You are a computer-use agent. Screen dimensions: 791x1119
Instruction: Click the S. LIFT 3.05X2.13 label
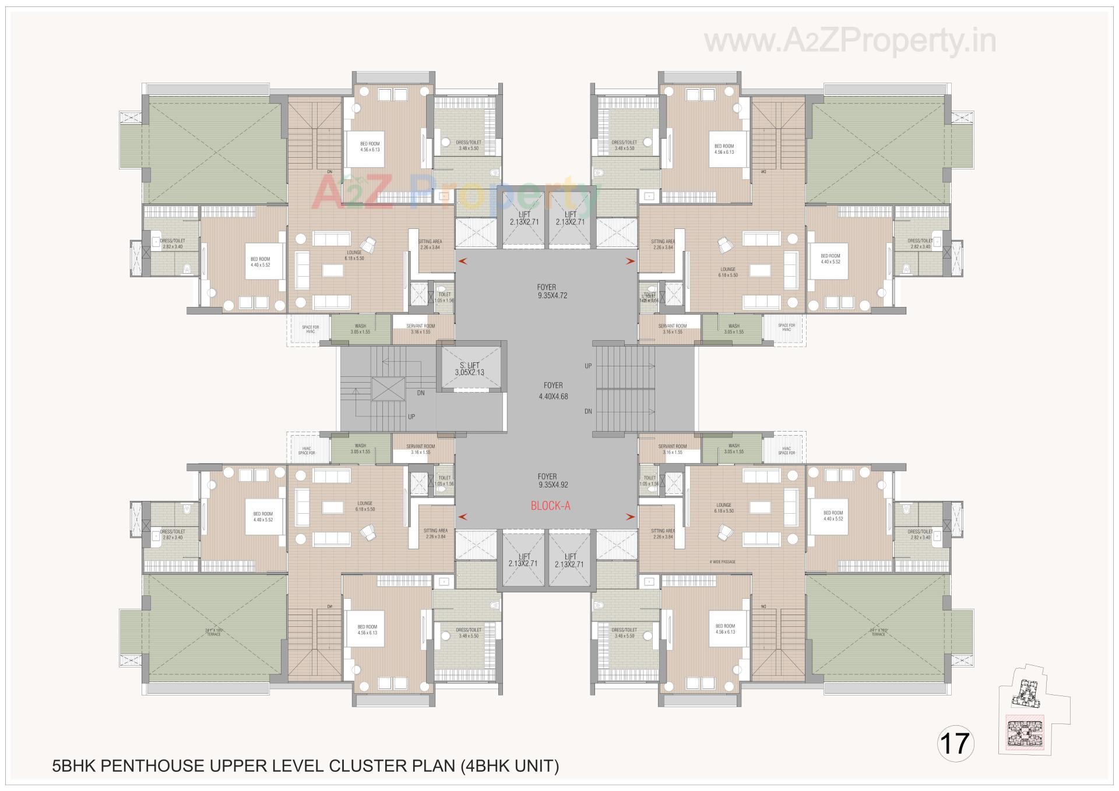tap(469, 369)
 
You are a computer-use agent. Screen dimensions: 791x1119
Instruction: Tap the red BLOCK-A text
tap(550, 506)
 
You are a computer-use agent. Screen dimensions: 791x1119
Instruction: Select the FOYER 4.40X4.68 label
tap(553, 391)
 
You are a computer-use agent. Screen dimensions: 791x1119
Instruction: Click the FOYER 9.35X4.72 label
tap(552, 291)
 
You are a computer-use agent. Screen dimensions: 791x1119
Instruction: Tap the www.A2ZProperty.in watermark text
tap(850, 41)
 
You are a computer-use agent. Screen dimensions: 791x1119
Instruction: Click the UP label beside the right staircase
tap(589, 366)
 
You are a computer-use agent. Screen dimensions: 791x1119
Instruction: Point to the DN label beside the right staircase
tap(589, 411)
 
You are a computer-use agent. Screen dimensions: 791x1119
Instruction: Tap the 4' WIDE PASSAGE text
tap(722, 563)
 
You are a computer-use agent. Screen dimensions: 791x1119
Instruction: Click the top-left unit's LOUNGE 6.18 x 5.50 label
tap(354, 255)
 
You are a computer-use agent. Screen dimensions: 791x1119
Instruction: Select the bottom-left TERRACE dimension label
tap(213, 632)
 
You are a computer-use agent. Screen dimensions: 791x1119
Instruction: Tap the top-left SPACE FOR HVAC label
tap(310, 329)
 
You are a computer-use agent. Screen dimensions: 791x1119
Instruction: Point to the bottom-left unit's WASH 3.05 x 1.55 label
tap(360, 449)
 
